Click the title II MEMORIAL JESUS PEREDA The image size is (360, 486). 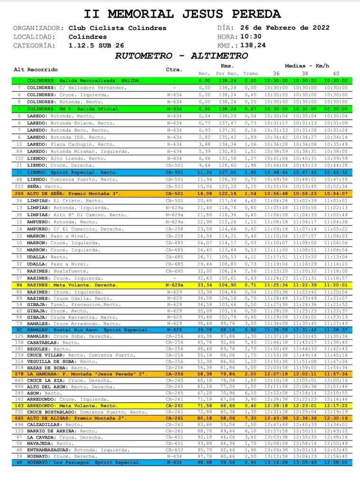click(182, 14)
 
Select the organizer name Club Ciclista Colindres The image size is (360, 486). click(117, 28)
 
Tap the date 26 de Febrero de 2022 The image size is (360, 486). click(285, 28)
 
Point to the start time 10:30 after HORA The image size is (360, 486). click(251, 37)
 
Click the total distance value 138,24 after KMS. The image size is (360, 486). click(253, 46)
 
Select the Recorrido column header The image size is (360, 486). click(43, 70)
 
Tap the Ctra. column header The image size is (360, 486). click(173, 70)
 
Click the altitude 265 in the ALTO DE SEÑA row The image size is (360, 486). click(19, 194)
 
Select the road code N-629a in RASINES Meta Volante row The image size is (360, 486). click(175, 285)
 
